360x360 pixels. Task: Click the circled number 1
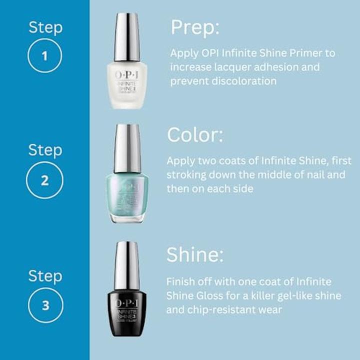click(x=45, y=55)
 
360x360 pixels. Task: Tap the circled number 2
click(x=45, y=180)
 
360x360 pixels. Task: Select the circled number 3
click(x=45, y=305)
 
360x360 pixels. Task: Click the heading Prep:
click(x=195, y=27)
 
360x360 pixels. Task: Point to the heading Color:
click(x=195, y=135)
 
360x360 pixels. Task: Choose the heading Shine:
click(x=194, y=255)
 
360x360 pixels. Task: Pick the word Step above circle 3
click(x=45, y=275)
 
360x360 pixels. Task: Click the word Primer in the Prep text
click(x=301, y=53)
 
